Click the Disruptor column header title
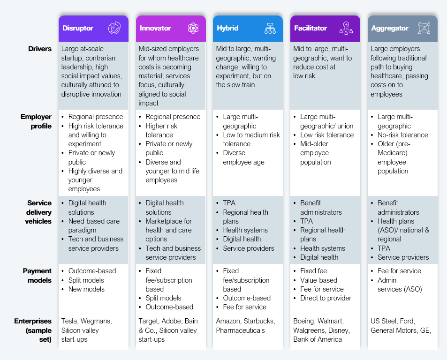pyautogui.click(x=77, y=28)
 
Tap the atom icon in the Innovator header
pyautogui.click(x=193, y=28)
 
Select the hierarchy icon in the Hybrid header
pyautogui.click(x=270, y=29)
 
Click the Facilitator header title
pyautogui.click(x=311, y=28)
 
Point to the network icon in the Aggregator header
pyautogui.click(x=424, y=28)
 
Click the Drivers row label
pyautogui.click(x=40, y=49)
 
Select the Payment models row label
pyautogui.click(x=38, y=276)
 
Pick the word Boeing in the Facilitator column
pyautogui.click(x=303, y=321)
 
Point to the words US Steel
pyautogui.click(x=383, y=321)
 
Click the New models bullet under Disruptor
pyautogui.click(x=86, y=289)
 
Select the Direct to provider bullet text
pyautogui.click(x=326, y=298)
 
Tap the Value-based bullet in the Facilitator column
pyautogui.click(x=318, y=280)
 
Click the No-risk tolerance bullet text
pyautogui.click(x=402, y=135)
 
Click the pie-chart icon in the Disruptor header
pyautogui.click(x=114, y=28)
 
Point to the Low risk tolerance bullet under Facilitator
pyautogui.click(x=327, y=135)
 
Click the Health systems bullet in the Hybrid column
pyautogui.click(x=245, y=230)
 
